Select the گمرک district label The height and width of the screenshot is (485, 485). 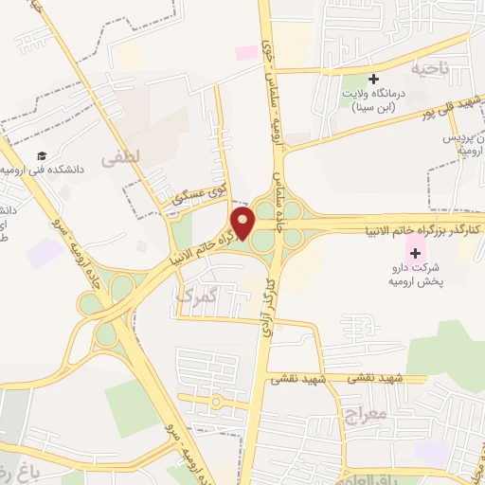[x=195, y=296]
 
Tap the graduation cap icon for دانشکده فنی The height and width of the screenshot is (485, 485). [x=43, y=156]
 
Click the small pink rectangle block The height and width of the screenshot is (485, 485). [x=246, y=52]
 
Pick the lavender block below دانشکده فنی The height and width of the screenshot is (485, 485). [x=44, y=253]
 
